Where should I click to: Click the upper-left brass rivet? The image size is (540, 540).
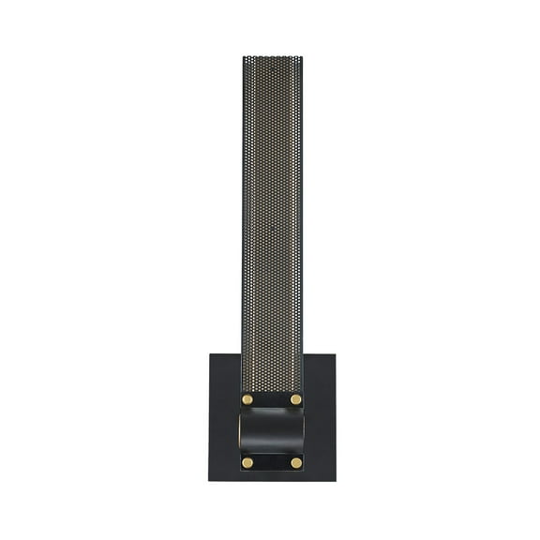(x=247, y=399)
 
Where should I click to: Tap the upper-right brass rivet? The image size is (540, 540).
(x=296, y=399)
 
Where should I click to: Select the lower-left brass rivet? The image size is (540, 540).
(x=247, y=462)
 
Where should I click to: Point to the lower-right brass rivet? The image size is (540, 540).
(x=296, y=462)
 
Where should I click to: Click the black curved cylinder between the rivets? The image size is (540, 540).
(x=272, y=431)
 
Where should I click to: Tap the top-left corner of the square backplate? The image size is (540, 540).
(x=209, y=353)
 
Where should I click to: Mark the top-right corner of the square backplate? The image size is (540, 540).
(x=334, y=353)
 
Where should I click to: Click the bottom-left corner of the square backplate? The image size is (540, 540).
(x=209, y=481)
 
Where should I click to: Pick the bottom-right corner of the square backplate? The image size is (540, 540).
(x=334, y=481)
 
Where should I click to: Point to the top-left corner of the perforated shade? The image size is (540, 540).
(x=241, y=56)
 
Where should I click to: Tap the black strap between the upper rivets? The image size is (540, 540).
(x=272, y=399)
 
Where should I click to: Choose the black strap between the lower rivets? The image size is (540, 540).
(x=272, y=462)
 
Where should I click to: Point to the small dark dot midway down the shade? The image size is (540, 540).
(x=272, y=226)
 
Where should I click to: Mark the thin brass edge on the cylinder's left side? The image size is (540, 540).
(x=240, y=431)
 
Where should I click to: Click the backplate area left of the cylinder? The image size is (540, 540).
(x=223, y=431)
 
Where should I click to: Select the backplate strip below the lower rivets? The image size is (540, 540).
(x=272, y=475)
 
